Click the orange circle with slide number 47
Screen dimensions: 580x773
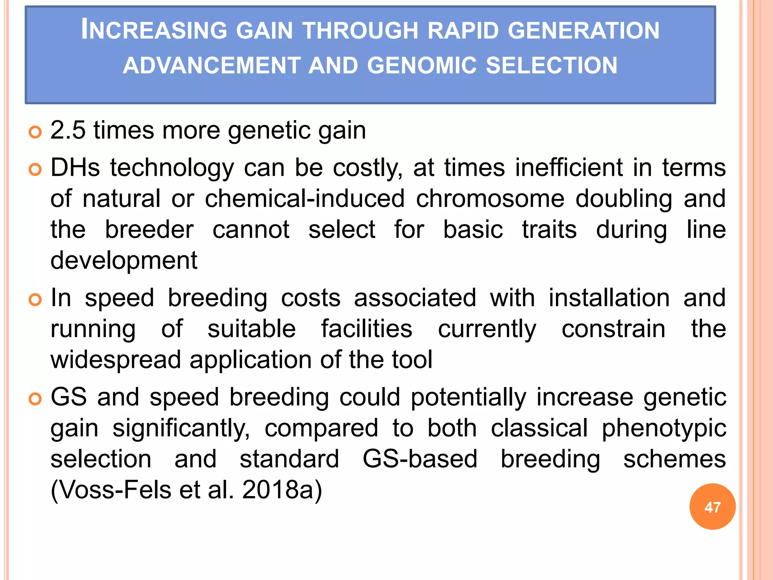(712, 507)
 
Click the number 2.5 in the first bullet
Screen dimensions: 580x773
(68, 130)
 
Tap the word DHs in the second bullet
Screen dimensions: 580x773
(75, 168)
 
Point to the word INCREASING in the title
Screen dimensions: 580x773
(154, 30)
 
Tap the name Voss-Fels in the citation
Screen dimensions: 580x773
(115, 490)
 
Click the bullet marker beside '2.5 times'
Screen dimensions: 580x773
(35, 132)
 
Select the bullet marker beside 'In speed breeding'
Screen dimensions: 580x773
(35, 300)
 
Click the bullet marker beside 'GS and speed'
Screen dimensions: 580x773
(35, 399)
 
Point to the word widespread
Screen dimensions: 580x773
(116, 360)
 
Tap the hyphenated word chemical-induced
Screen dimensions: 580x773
(305, 199)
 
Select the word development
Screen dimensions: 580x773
(124, 261)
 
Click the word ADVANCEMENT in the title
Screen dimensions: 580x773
(212, 65)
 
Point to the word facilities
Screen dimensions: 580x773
(366, 329)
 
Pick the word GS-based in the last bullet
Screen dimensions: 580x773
(420, 459)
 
